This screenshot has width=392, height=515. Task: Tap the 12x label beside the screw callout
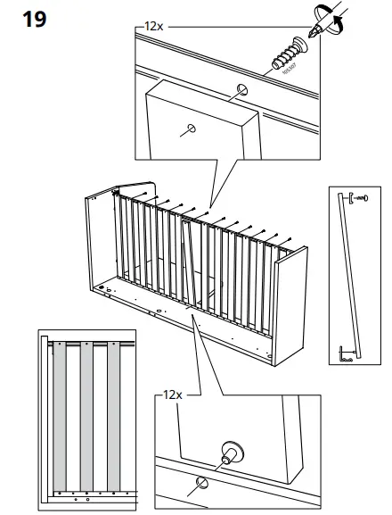pos(153,28)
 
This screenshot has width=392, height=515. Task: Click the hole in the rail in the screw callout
pos(242,91)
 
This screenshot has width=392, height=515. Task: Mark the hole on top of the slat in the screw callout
pos(190,129)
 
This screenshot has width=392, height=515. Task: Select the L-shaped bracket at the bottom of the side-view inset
pos(344,358)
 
